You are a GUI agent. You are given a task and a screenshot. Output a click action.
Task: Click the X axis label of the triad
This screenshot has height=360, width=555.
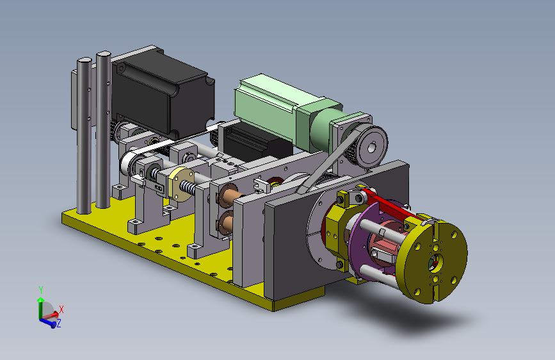click(61, 309)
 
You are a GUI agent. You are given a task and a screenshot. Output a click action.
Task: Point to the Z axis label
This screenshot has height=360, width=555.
click(59, 323)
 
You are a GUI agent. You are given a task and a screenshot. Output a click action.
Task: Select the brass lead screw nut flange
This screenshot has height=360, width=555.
click(181, 184)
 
